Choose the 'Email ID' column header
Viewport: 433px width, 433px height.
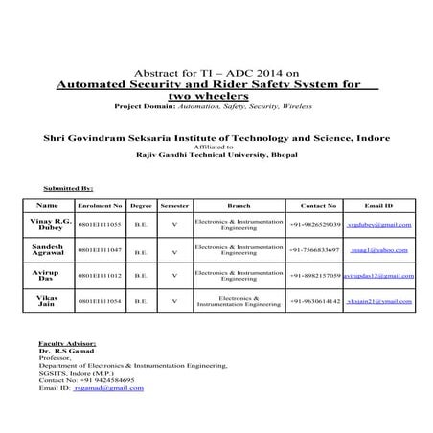point(379,205)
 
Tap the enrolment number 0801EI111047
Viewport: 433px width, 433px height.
point(99,251)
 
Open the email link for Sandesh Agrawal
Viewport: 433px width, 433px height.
point(379,251)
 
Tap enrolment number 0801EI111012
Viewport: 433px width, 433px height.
point(99,277)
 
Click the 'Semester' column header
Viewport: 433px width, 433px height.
point(174,205)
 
